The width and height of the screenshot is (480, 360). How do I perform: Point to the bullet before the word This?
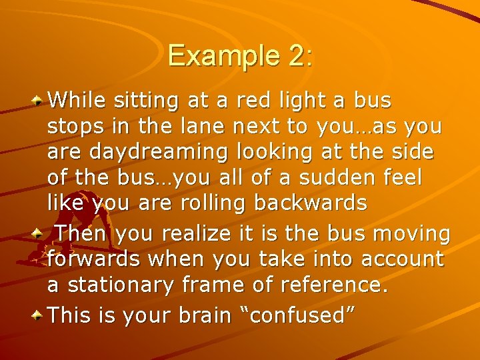39,314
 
